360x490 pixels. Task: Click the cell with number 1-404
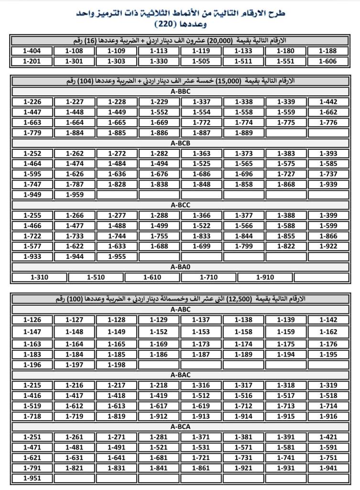click(32, 51)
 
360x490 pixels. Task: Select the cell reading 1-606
click(328, 61)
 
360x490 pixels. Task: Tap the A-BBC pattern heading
click(180, 91)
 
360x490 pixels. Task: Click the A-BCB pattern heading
click(180, 143)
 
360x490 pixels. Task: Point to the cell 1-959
click(75, 195)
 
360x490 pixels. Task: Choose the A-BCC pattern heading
click(180, 205)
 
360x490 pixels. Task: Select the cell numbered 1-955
click(117, 256)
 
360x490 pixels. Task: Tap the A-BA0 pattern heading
click(180, 267)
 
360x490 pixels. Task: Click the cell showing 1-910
click(265, 277)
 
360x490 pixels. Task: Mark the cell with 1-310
click(39, 277)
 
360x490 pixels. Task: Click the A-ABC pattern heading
click(180, 310)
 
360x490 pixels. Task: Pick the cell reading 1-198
click(117, 365)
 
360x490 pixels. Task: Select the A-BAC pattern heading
click(180, 375)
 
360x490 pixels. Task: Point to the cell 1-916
click(328, 416)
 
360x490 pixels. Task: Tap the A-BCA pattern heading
click(180, 427)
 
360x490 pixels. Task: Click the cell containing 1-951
click(32, 478)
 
